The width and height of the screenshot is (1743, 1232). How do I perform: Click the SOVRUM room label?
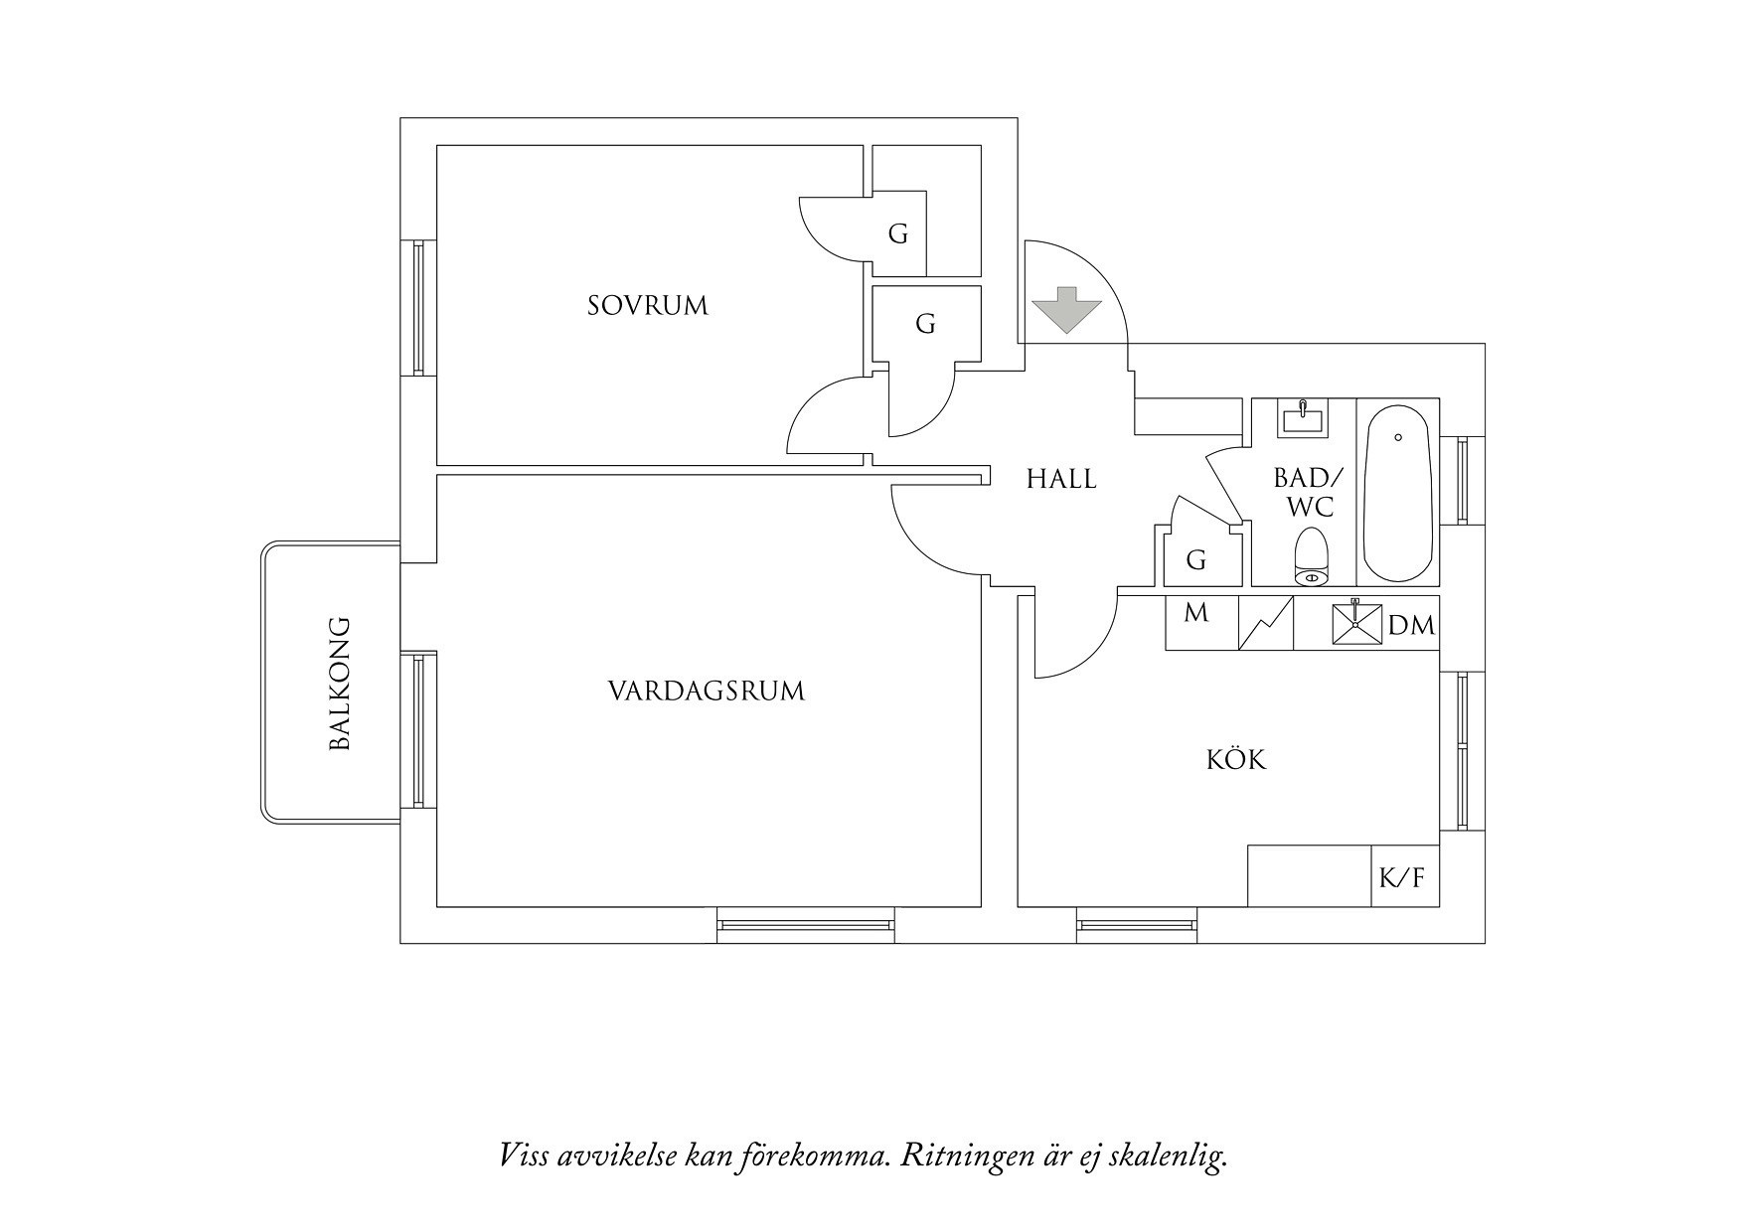648,305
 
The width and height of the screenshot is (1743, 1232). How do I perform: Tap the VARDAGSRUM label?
706,691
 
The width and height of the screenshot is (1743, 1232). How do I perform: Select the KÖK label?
1236,760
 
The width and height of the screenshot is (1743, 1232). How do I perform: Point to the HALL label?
1061,479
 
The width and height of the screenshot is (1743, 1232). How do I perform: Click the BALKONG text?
340,684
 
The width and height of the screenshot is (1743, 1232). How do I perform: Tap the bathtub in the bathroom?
1397,493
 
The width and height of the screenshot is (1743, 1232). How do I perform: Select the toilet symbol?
1312,557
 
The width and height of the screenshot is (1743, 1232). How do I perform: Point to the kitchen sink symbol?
1356,625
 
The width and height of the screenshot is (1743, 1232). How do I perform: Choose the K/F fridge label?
1402,878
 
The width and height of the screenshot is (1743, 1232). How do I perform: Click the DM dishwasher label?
1411,625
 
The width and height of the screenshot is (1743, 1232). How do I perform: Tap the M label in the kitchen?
1196,613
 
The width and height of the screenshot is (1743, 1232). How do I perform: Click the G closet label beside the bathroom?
1196,560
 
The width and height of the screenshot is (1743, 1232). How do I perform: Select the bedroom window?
418,307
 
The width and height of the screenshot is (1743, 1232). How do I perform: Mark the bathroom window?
1463,480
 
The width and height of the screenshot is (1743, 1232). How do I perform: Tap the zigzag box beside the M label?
1266,623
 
